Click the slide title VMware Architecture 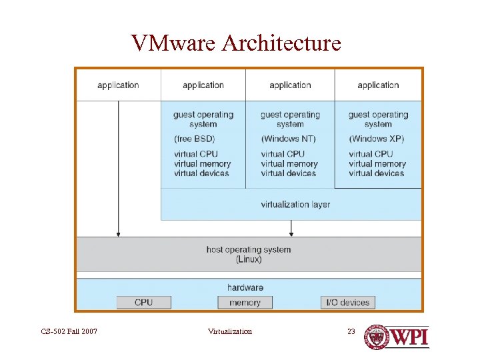(x=237, y=43)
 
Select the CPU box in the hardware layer (x=143, y=303)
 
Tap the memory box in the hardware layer (x=245, y=303)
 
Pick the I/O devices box (x=347, y=303)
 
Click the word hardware (x=245, y=287)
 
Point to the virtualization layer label (x=295, y=205)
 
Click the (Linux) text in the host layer (x=249, y=259)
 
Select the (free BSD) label (x=195, y=139)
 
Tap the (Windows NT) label (x=289, y=139)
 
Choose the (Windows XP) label (x=376, y=139)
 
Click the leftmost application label (x=118, y=85)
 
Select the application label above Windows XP (x=378, y=85)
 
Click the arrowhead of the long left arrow (x=119, y=233)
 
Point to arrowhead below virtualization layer (x=291, y=233)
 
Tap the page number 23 (x=351, y=331)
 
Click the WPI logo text (x=409, y=337)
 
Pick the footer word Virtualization (x=230, y=331)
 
